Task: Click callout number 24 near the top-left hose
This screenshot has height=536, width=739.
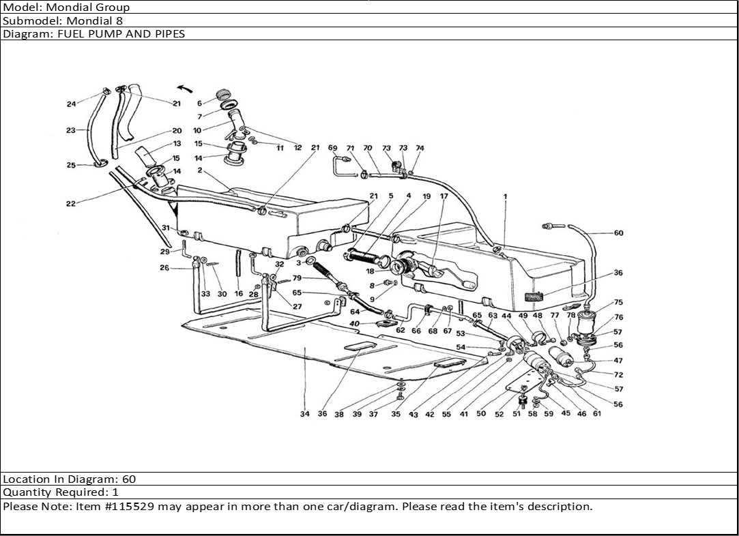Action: click(x=71, y=104)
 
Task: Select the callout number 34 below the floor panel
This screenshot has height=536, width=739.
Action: click(x=304, y=414)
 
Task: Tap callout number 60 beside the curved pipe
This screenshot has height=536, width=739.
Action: click(x=618, y=233)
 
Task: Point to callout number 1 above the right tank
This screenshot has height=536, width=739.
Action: click(x=505, y=196)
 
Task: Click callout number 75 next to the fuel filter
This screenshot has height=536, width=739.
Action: click(x=618, y=303)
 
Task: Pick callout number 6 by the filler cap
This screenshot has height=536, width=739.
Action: click(x=199, y=103)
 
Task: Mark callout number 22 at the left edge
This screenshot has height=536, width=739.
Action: click(x=71, y=203)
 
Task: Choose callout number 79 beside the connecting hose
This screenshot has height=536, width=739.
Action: click(x=298, y=278)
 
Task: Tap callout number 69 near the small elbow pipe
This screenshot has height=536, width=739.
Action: click(x=332, y=148)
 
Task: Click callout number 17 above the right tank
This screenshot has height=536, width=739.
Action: click(x=444, y=196)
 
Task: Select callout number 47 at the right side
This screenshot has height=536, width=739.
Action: click(x=618, y=361)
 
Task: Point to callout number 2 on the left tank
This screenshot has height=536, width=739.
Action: click(x=199, y=170)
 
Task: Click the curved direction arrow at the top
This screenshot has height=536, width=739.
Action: click(x=183, y=88)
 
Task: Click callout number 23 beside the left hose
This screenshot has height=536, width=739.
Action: click(x=71, y=130)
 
